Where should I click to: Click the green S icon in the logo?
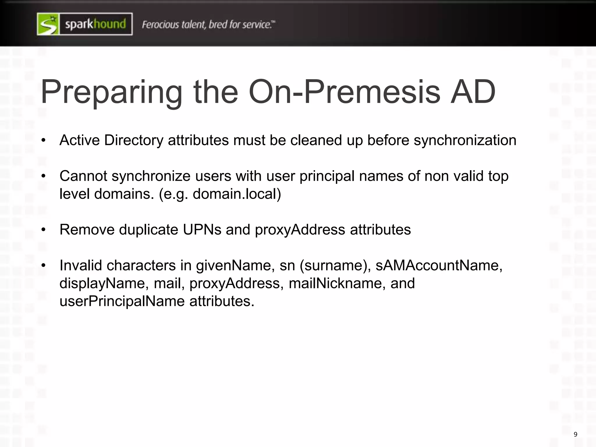[48, 24]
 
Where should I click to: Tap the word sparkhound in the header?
[95, 24]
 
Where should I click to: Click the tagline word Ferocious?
[160, 24]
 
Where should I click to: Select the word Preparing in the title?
[111, 93]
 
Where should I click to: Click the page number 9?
[575, 434]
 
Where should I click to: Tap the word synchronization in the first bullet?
[465, 140]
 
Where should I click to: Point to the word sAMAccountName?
[439, 265]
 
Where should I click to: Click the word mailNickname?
[337, 283]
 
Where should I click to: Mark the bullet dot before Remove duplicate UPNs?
[44, 230]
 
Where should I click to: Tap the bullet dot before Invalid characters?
[44, 266]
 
